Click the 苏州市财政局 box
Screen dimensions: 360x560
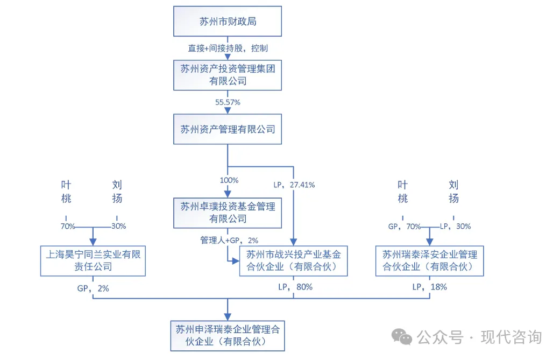click(x=228, y=22)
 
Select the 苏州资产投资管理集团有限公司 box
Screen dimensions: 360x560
click(x=228, y=75)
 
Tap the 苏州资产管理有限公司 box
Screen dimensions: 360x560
click(x=228, y=129)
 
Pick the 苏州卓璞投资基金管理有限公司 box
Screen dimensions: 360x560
click(x=228, y=212)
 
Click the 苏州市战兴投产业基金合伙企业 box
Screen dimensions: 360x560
click(x=293, y=260)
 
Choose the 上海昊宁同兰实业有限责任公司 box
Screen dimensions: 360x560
click(x=93, y=260)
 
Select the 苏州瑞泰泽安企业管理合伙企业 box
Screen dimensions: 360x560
click(x=429, y=260)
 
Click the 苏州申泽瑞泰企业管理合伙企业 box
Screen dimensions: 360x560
click(x=228, y=335)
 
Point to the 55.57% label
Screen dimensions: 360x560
click(x=228, y=101)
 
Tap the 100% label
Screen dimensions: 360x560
click(x=229, y=180)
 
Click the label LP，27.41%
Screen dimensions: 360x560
click(x=294, y=185)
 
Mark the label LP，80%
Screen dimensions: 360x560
click(x=295, y=287)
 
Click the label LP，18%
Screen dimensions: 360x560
click(x=429, y=287)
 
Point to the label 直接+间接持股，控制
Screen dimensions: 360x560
click(x=228, y=48)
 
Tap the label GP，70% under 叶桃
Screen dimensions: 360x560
click(x=405, y=227)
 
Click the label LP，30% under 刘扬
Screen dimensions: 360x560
click(x=456, y=227)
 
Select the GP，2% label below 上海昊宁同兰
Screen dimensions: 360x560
click(x=93, y=288)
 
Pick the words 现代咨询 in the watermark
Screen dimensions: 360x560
click(x=511, y=337)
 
